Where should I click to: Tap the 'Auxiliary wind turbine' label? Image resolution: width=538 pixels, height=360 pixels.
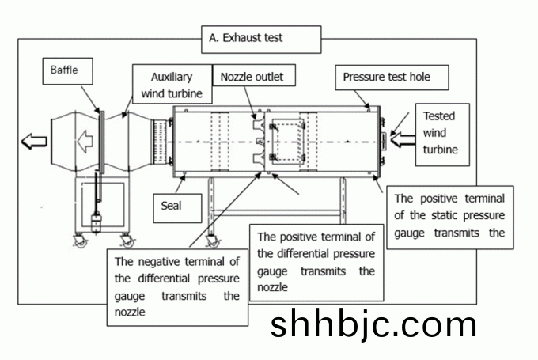172,85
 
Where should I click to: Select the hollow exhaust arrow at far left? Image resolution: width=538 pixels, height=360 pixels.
34,142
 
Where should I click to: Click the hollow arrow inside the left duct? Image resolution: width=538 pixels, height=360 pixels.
85,142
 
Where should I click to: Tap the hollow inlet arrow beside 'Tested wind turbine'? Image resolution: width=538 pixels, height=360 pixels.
402,142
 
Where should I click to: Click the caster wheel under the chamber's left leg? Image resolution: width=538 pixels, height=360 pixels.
211,241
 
